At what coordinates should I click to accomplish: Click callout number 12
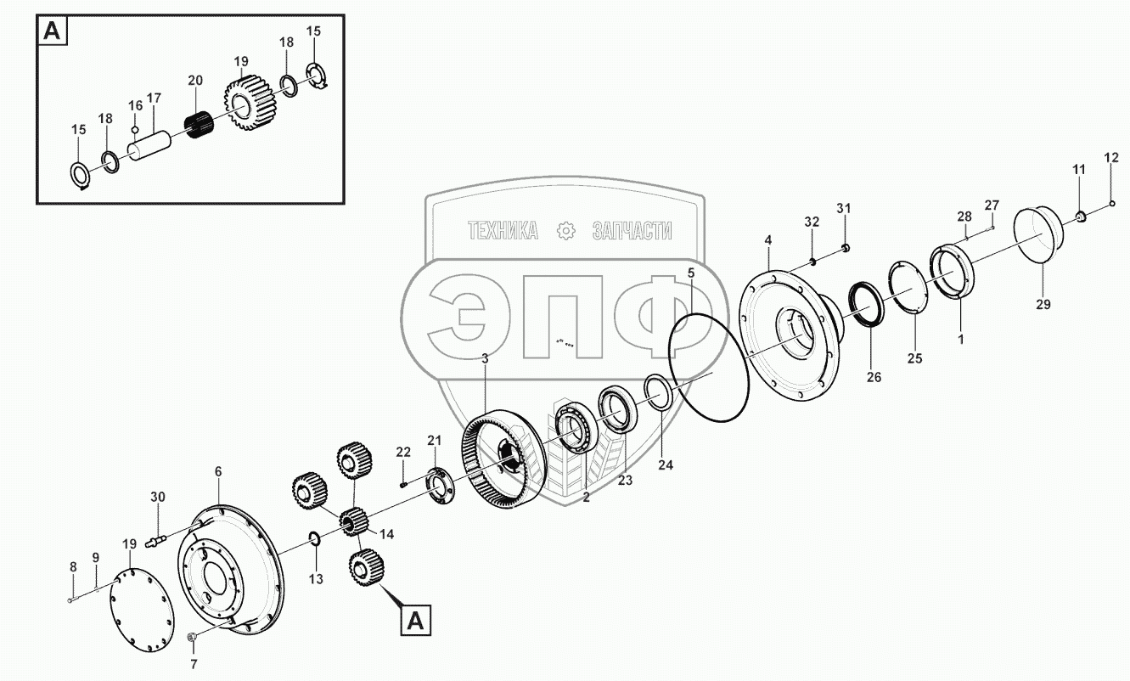tap(1111, 158)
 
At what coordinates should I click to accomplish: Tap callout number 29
tap(1043, 305)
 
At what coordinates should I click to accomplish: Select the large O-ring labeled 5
tap(708, 367)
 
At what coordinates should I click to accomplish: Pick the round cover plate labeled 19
tap(142, 610)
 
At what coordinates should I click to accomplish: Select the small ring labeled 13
tap(314, 538)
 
